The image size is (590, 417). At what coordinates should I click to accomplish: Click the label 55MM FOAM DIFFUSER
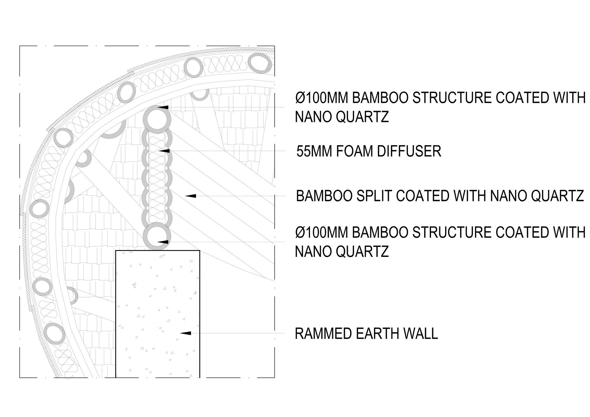(x=369, y=151)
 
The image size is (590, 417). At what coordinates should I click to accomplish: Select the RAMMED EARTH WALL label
(x=366, y=334)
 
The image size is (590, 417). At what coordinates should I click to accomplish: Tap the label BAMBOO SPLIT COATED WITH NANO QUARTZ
(x=440, y=196)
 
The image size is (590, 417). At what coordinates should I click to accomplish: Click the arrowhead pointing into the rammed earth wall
(x=186, y=333)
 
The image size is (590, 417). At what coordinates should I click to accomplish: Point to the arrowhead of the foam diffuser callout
(x=164, y=151)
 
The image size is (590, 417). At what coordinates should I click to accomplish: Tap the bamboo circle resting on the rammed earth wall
(x=157, y=237)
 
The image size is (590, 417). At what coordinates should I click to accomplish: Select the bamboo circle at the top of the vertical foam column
(x=157, y=119)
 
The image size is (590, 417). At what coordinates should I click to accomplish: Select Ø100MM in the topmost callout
(x=321, y=98)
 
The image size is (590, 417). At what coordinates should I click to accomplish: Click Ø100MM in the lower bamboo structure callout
(x=321, y=232)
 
